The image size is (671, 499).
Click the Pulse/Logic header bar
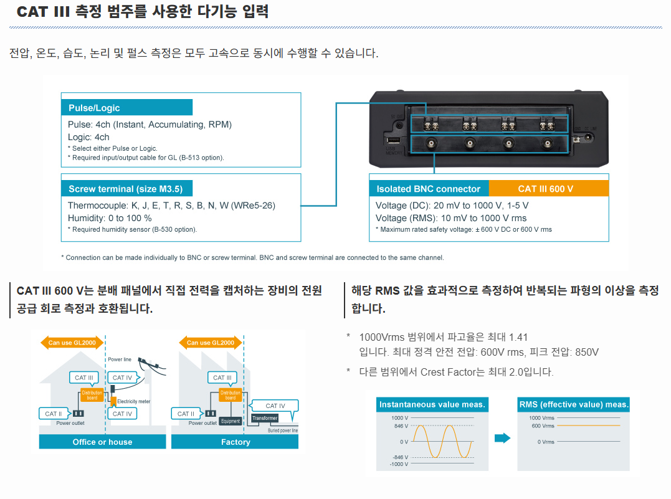[x=126, y=107]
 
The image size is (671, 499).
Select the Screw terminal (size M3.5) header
[x=126, y=189]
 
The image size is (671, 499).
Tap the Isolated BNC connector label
[x=429, y=189]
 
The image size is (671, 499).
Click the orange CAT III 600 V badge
[x=549, y=189]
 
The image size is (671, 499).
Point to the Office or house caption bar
[x=102, y=442]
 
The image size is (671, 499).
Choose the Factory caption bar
[x=235, y=442]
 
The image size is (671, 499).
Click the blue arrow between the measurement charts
[x=502, y=438]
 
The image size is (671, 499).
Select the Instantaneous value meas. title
[x=432, y=404]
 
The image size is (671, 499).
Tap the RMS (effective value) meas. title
[x=573, y=404]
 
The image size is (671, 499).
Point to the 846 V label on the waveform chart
[x=401, y=426]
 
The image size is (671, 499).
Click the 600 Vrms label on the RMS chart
[x=543, y=426]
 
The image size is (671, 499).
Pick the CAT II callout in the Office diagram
[x=54, y=414]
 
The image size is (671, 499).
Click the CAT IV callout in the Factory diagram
[x=275, y=406]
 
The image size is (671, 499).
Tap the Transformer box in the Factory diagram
[x=265, y=418]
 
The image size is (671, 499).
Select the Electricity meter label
[x=133, y=401]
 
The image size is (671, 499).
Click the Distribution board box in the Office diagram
[x=92, y=395]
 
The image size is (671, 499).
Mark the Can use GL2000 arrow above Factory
[x=211, y=343]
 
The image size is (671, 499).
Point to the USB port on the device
[x=393, y=140]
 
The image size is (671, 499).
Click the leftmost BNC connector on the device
[x=431, y=143]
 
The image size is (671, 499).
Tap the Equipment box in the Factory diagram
[x=231, y=421]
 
